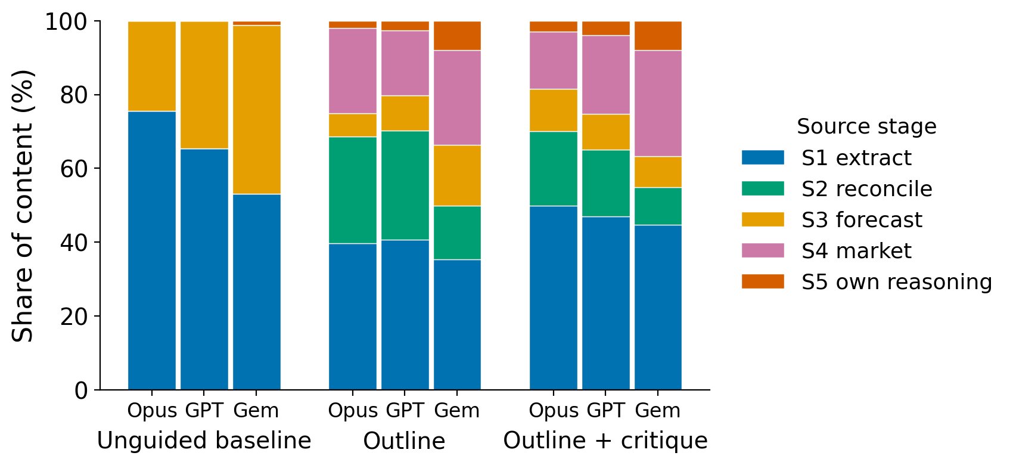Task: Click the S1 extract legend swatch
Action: pos(763,158)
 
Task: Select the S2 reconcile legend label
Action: pos(866,189)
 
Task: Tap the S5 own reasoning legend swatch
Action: pos(763,281)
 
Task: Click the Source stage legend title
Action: pos(866,126)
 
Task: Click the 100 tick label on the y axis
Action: pos(67,21)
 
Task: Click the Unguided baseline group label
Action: pos(204,441)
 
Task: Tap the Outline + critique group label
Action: pos(605,441)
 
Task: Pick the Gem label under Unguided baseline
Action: pos(256,411)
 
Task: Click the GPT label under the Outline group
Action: pos(405,411)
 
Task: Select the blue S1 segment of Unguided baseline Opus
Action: pos(152,250)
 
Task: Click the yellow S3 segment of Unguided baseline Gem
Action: pos(256,110)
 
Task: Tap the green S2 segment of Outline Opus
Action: pos(353,190)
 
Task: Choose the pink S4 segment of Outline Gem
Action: pos(457,98)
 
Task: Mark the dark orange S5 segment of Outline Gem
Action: pos(457,36)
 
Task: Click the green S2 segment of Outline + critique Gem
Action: pos(658,206)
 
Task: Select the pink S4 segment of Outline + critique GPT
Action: pos(606,75)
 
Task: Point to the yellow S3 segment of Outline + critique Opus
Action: pos(554,110)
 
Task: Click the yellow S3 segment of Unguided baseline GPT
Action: pos(204,85)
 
